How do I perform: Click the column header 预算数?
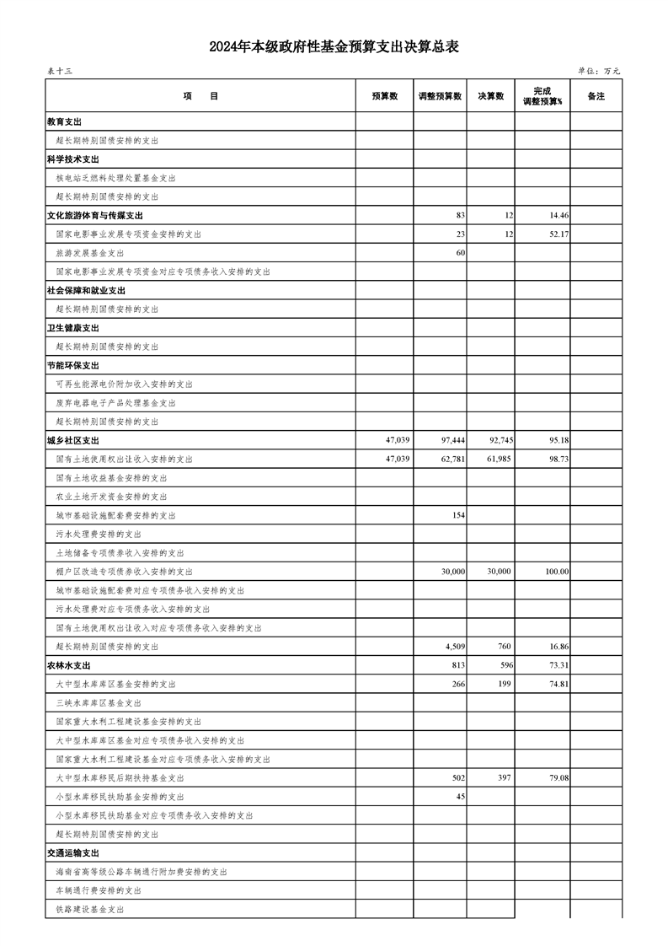384,96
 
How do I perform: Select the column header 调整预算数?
440,96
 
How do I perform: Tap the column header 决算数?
491,96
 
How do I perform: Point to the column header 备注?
596,96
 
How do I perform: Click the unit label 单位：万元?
599,72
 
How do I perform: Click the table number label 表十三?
60,72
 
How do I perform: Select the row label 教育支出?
64,122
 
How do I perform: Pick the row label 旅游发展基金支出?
90,253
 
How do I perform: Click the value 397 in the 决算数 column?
504,777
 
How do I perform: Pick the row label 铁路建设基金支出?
90,909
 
